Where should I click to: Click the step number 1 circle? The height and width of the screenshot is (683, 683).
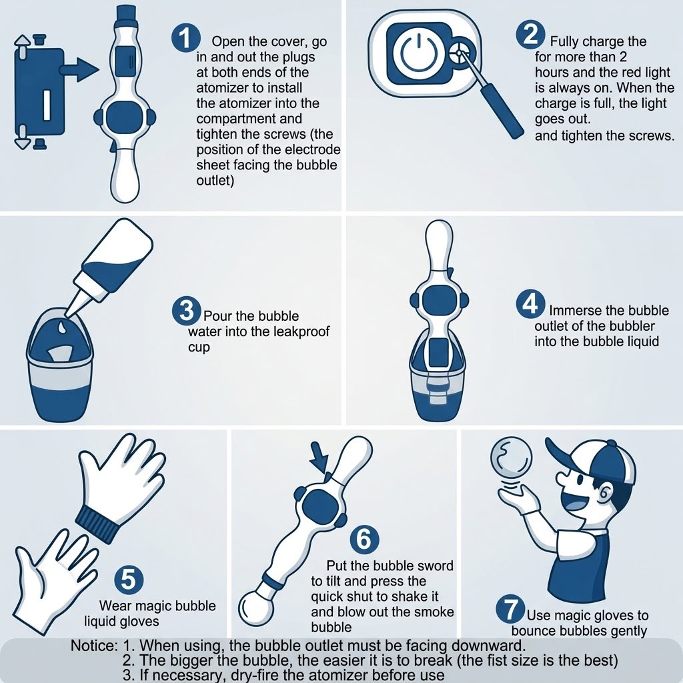[186, 38]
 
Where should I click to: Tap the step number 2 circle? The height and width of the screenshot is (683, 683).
[530, 35]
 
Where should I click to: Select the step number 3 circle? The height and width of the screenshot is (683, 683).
[187, 311]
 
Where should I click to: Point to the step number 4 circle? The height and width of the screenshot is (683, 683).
[530, 303]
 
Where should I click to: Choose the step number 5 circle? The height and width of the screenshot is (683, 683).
[129, 580]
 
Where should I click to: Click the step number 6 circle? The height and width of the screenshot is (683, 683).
[364, 539]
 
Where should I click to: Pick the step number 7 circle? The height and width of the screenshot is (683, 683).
[510, 610]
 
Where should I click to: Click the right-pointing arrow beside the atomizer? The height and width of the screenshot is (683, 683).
[79, 69]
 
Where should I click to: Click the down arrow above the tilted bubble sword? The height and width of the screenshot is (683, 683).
[321, 458]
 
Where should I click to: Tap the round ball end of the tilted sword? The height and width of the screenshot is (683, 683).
[256, 606]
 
